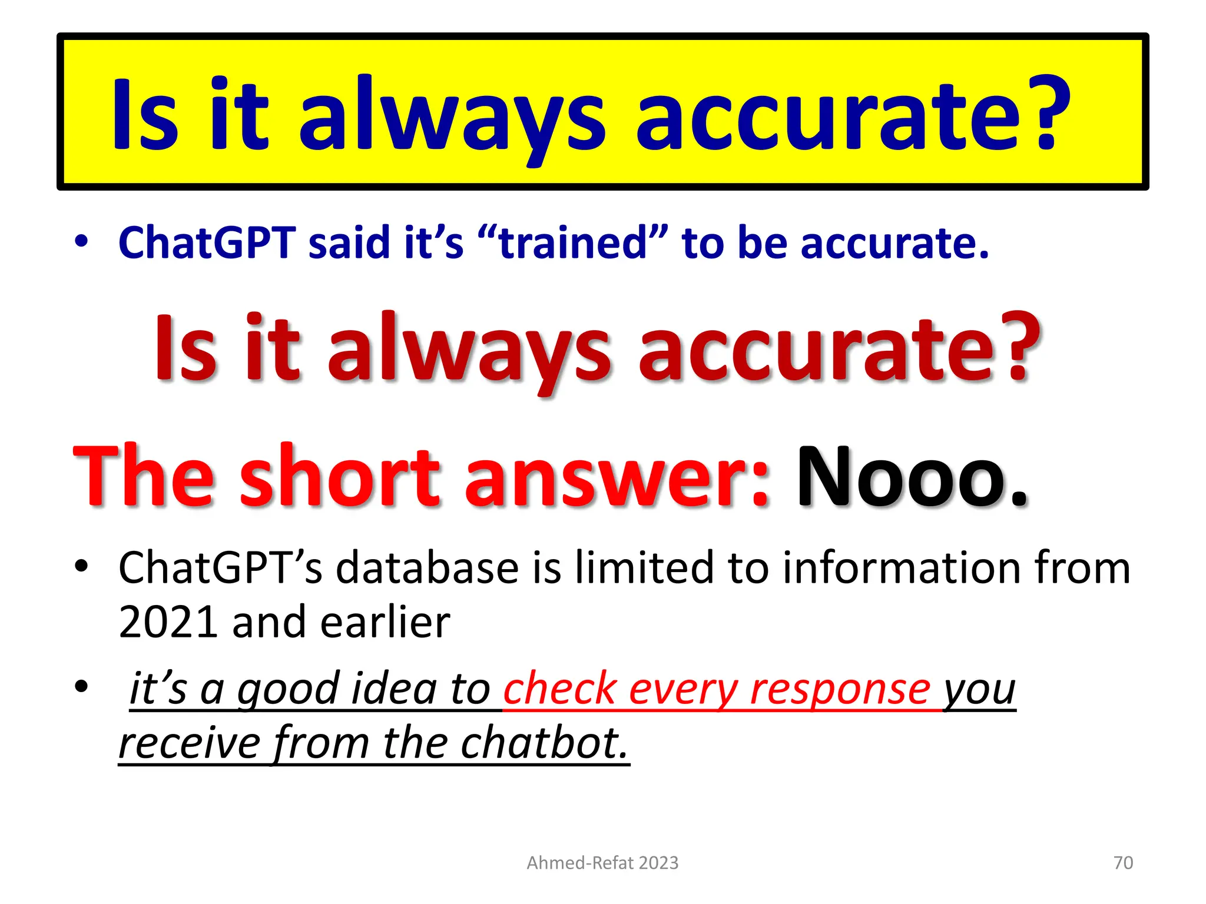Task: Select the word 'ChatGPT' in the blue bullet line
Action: point(207,242)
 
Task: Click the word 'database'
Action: point(428,568)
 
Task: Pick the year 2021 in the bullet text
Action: point(168,622)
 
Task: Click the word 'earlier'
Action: point(386,622)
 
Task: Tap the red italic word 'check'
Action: point(559,689)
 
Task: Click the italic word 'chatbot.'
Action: point(545,743)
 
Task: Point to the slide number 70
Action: point(1123,863)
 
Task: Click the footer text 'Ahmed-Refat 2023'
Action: point(602,863)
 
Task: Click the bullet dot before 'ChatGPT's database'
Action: point(81,567)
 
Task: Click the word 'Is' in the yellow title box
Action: point(145,115)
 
